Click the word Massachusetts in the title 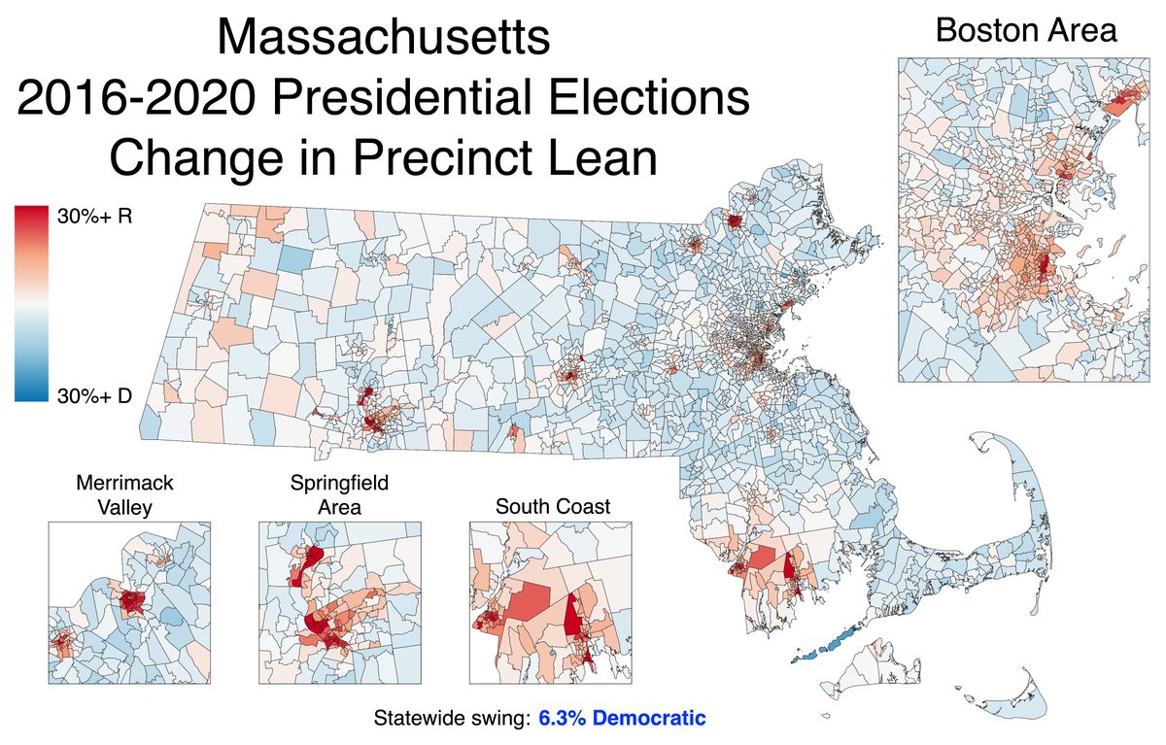click(384, 41)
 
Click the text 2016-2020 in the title click(140, 99)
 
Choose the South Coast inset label click(552, 506)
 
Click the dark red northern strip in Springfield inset click(312, 562)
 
